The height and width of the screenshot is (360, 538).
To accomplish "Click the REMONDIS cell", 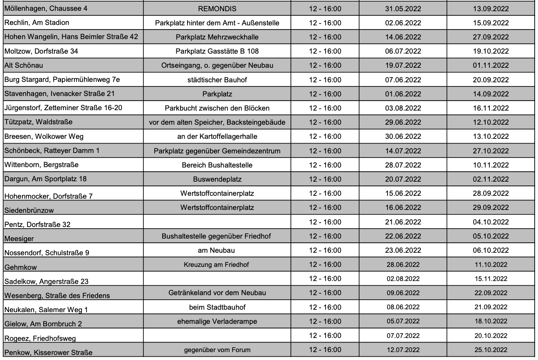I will pos(217,8).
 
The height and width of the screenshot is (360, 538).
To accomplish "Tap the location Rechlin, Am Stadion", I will pos(37,22).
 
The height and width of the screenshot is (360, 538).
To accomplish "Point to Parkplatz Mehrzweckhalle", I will pos(217,37).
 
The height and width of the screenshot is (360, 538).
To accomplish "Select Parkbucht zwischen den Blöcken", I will pos(217,108).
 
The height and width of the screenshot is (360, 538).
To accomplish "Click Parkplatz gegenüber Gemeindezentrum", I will pos(217,150).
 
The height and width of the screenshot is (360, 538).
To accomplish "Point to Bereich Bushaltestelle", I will pos(217,165).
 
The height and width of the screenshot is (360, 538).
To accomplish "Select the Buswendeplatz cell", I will pos(217,179).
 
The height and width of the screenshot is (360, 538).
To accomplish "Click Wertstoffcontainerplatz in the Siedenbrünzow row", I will pos(217,207).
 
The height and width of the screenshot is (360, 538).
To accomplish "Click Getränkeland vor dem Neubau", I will pos(217,293).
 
